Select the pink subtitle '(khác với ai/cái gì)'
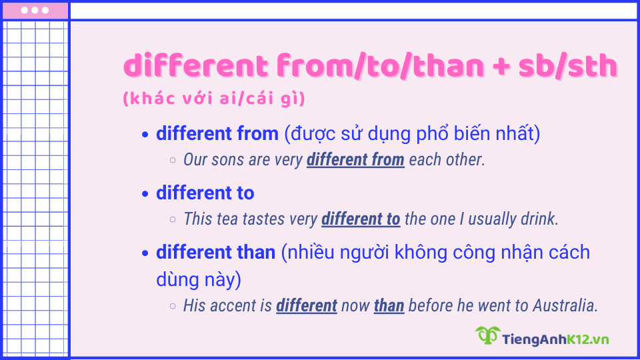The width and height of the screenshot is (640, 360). (214, 99)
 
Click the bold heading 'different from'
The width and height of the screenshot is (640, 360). (217, 133)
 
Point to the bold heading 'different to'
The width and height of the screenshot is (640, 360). (205, 193)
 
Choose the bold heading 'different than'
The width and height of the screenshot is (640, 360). (215, 253)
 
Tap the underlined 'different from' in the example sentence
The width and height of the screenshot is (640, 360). (355, 160)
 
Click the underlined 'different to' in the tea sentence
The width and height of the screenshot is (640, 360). (361, 219)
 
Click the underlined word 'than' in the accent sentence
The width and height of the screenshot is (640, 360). (389, 305)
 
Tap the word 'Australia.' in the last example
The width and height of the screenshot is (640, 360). (565, 305)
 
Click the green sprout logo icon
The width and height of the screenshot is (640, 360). (487, 335)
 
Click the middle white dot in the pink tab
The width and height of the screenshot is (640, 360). (35, 10)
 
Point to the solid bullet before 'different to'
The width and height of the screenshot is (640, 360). (146, 194)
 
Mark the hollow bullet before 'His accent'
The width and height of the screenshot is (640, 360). (173, 306)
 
